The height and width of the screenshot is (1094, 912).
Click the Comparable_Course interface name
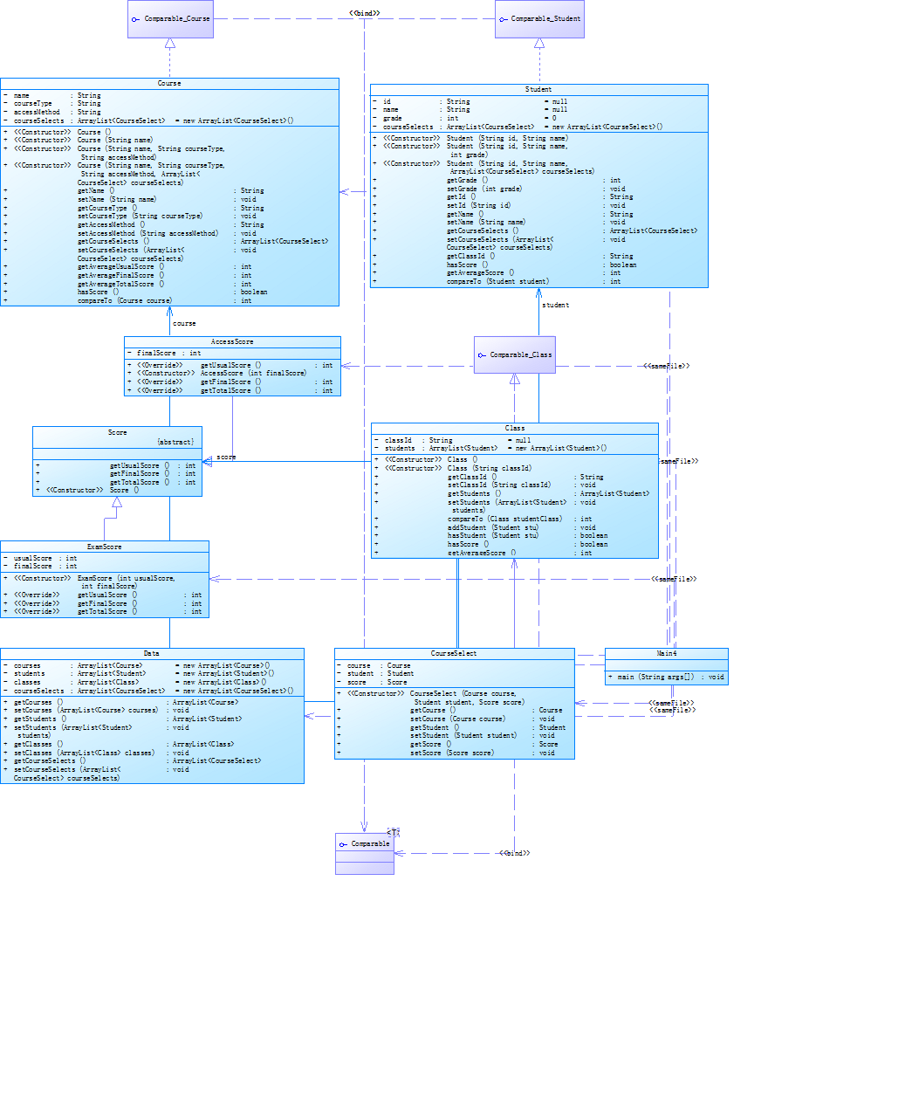pos(176,18)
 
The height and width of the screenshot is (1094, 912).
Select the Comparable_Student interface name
pos(545,18)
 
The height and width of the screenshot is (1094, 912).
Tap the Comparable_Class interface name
pos(520,354)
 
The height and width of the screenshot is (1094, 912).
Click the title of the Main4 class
pos(666,653)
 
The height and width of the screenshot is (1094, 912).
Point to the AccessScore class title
pos(232,341)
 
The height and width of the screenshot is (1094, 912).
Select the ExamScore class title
pos(104,547)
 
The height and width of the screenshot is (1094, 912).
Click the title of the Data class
pos(151,653)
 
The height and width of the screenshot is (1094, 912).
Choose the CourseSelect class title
pos(454,653)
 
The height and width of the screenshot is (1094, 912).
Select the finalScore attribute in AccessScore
pos(156,354)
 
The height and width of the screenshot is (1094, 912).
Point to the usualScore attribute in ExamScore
pos(33,558)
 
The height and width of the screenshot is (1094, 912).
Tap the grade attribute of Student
pos(393,118)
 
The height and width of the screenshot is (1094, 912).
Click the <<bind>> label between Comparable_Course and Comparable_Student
pos(364,13)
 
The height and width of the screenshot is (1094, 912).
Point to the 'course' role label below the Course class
pos(184,323)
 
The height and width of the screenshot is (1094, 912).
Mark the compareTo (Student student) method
pos(497,281)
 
